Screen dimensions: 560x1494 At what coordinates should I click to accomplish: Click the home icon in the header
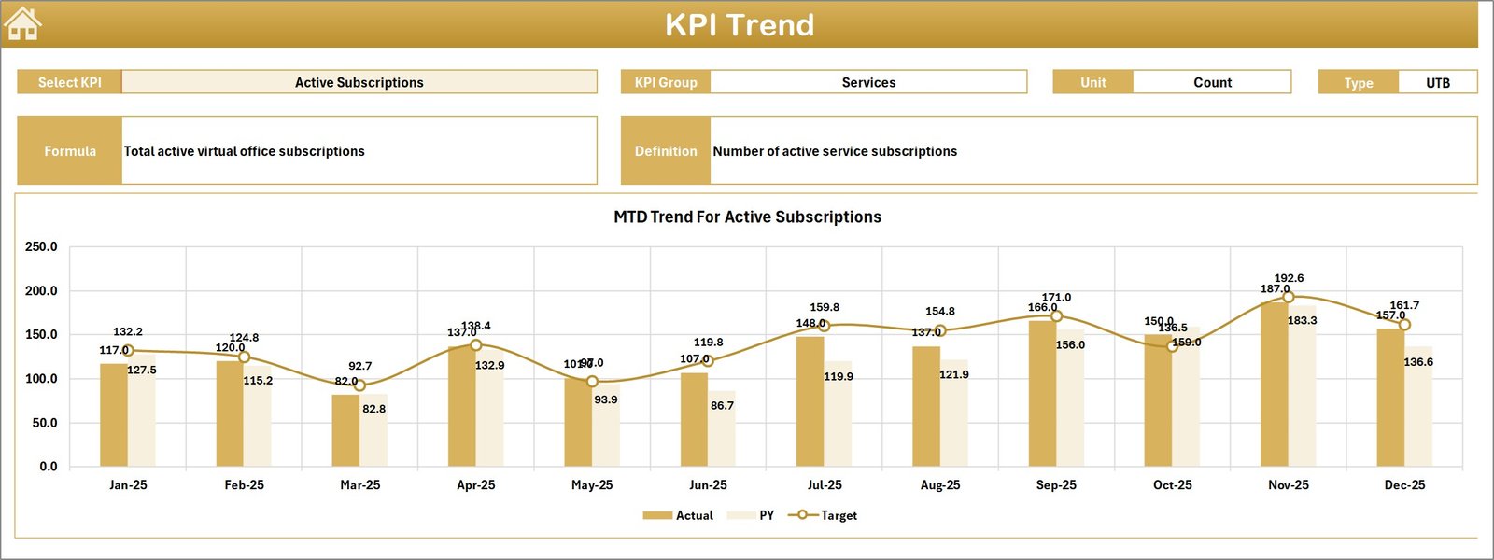(22, 23)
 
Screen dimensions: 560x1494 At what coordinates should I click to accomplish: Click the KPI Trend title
(740, 25)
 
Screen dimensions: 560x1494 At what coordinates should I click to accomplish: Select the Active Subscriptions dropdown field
(359, 82)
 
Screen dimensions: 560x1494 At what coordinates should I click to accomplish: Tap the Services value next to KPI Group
(868, 82)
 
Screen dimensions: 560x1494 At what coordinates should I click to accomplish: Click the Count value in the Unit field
(1212, 82)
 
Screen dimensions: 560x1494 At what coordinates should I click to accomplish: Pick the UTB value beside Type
(1438, 83)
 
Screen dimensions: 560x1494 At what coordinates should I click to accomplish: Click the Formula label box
(70, 151)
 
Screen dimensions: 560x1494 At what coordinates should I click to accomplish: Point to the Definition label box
(666, 151)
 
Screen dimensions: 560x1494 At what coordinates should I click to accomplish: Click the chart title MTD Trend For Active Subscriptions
(747, 217)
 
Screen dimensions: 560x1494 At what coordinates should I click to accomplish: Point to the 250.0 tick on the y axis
(41, 247)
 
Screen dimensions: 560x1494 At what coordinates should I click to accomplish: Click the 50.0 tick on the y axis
(45, 423)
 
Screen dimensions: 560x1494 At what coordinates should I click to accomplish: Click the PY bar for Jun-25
(722, 429)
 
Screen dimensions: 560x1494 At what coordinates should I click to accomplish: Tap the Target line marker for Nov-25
(1289, 297)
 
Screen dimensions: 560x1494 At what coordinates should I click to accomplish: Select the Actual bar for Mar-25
(345, 430)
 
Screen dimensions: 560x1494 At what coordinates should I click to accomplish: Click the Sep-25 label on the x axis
(1056, 485)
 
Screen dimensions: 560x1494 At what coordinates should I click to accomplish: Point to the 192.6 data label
(1289, 278)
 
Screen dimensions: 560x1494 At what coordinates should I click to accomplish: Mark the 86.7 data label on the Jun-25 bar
(722, 406)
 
